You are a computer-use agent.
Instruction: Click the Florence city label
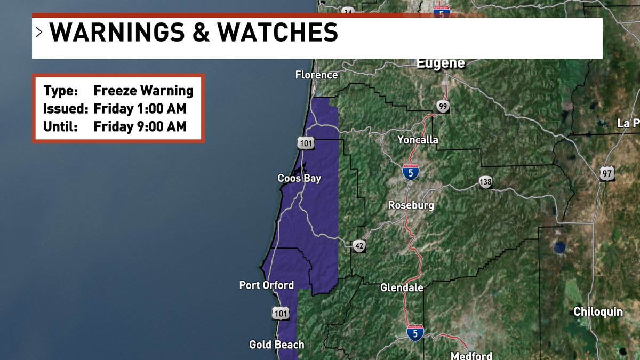[x=316, y=75]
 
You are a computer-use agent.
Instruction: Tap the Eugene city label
[x=440, y=63]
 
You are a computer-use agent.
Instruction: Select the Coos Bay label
[x=299, y=178]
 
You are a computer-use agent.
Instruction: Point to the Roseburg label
[x=411, y=205]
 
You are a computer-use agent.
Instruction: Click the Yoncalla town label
[x=418, y=140]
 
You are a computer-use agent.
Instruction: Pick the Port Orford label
[x=266, y=285]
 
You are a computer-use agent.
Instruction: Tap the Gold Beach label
[x=276, y=345]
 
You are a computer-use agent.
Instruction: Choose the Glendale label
[x=402, y=287]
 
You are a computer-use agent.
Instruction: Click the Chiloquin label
[x=598, y=311]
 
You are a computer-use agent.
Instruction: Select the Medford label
[x=471, y=355]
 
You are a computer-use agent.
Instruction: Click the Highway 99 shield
[x=442, y=107]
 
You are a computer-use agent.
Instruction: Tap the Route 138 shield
[x=485, y=182]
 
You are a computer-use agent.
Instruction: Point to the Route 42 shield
[x=359, y=246]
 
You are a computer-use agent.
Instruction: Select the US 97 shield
[x=607, y=173]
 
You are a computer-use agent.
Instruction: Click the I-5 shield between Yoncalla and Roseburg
[x=410, y=172]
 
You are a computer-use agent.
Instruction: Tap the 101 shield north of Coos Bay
[x=306, y=143]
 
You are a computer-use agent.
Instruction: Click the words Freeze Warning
[x=143, y=91]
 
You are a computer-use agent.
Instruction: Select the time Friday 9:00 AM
[x=140, y=127]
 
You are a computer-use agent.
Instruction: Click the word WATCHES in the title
[x=278, y=33]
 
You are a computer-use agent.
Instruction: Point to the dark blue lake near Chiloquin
[x=559, y=247]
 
